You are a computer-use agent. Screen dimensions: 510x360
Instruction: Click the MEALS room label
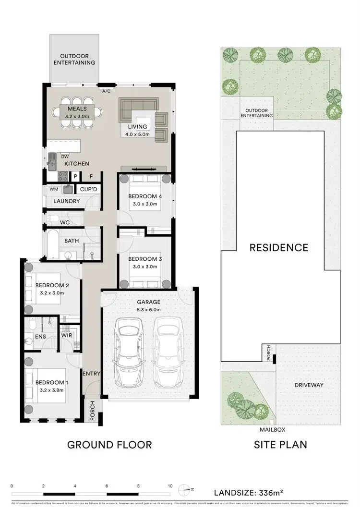77,109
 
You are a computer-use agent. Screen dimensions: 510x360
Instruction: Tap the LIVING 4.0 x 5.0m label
137,130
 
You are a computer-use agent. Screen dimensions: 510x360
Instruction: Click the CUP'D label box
89,190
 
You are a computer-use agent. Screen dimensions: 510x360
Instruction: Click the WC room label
65,223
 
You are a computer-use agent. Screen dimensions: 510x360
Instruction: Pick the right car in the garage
168,355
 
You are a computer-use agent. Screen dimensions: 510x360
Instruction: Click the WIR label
66,336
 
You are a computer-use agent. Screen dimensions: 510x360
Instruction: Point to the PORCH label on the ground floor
93,411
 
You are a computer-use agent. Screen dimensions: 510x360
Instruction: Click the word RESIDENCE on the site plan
278,248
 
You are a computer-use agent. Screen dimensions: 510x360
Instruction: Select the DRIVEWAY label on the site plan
309,385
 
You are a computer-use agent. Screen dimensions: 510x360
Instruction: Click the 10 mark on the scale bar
170,486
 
